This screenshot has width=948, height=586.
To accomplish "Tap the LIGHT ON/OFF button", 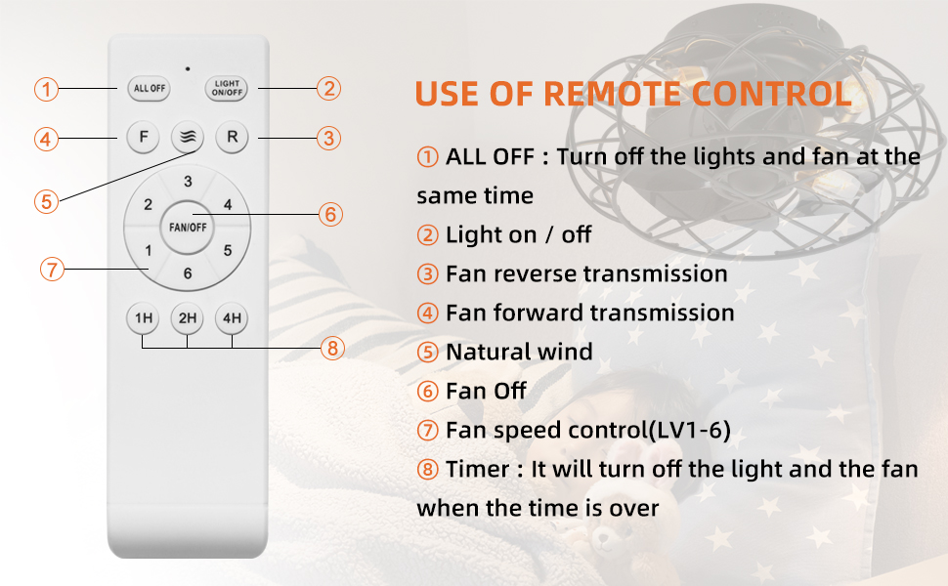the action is point(227,88).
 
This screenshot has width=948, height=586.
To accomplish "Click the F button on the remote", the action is point(144,137).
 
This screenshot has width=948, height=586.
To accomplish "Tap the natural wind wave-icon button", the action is point(188,137).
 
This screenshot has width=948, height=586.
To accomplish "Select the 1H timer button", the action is point(143,317).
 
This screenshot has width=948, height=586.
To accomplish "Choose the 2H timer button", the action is point(188,317).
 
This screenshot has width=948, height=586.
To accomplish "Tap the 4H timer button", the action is point(233,317).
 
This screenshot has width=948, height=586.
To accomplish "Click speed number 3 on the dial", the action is point(188,182).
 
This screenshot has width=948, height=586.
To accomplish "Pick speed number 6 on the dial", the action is point(188,273).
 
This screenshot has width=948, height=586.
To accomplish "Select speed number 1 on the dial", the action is point(149,250).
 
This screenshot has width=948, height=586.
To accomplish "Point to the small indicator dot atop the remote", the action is point(188,69).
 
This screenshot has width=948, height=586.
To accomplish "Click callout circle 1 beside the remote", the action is point(46,90).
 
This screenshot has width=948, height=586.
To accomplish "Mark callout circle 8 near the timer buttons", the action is point(332,348).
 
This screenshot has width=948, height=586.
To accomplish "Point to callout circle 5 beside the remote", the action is point(46,201).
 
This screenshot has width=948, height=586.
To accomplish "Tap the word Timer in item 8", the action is point(478,469).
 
